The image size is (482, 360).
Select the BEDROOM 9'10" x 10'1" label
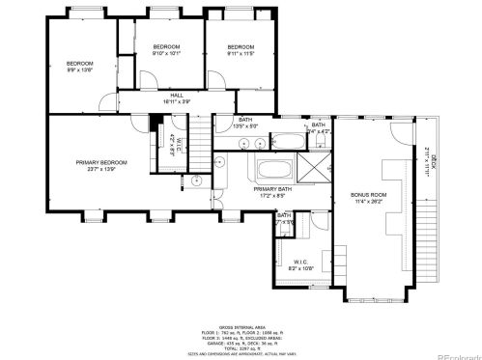pos(167,50)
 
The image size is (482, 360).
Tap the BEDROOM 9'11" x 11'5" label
pos(241,50)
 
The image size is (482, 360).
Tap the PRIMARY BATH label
pos(274,192)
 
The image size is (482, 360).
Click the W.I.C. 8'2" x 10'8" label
pos(299,263)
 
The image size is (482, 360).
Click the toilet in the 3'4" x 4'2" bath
pos(319,142)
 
